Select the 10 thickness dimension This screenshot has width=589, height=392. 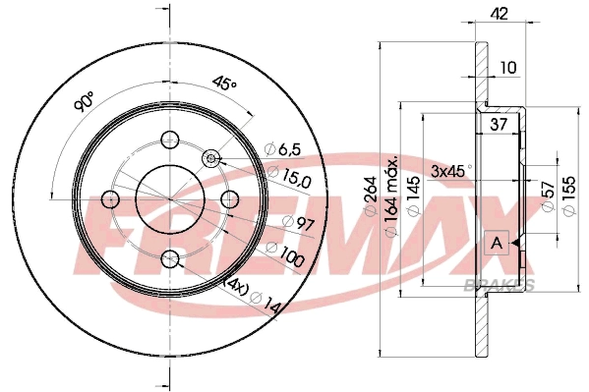click(x=506, y=68)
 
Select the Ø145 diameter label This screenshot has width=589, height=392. click(x=414, y=193)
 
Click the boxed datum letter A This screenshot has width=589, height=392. click(x=498, y=243)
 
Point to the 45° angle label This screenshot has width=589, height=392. click(x=225, y=84)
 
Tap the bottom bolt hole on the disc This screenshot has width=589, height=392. click(x=170, y=259)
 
